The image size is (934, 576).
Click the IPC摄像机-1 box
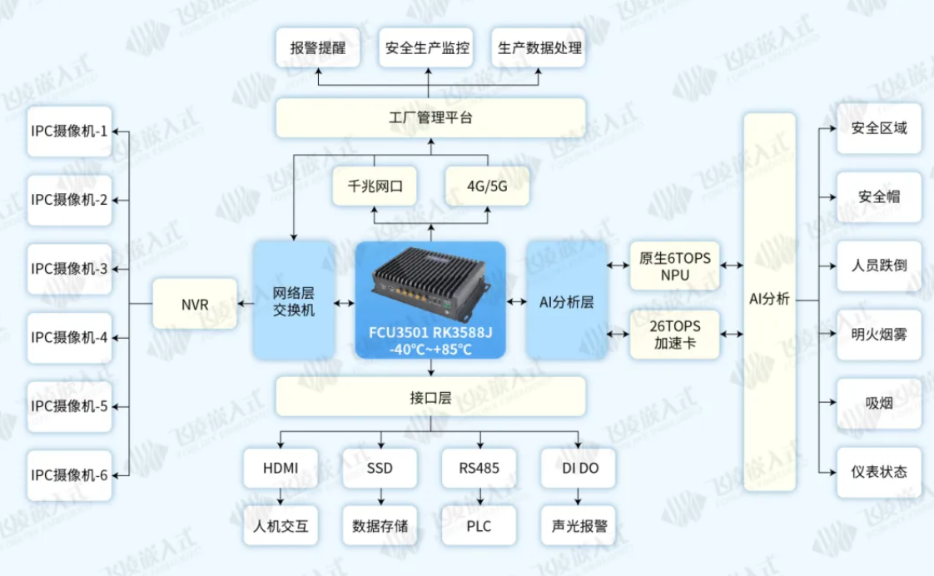(x=69, y=131)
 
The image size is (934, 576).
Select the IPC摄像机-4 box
(x=69, y=338)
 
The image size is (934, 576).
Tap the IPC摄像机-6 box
(x=69, y=475)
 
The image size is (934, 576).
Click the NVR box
(x=195, y=305)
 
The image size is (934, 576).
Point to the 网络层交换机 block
(x=294, y=300)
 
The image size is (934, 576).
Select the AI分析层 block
(x=566, y=300)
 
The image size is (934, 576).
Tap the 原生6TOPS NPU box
(x=675, y=266)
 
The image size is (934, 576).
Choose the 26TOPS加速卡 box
(x=675, y=334)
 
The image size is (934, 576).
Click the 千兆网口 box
(x=375, y=186)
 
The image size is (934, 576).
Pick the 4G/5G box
(x=487, y=186)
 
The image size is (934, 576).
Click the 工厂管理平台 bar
(x=430, y=118)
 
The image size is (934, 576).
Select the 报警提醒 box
(x=318, y=47)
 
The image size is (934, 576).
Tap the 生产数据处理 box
(x=539, y=47)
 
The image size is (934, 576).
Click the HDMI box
(x=281, y=468)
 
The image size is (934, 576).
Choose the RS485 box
(x=479, y=468)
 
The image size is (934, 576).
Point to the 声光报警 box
(x=579, y=526)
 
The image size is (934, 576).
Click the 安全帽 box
(x=879, y=197)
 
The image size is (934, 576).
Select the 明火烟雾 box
(x=879, y=335)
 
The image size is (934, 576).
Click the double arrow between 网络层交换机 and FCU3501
(x=344, y=303)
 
